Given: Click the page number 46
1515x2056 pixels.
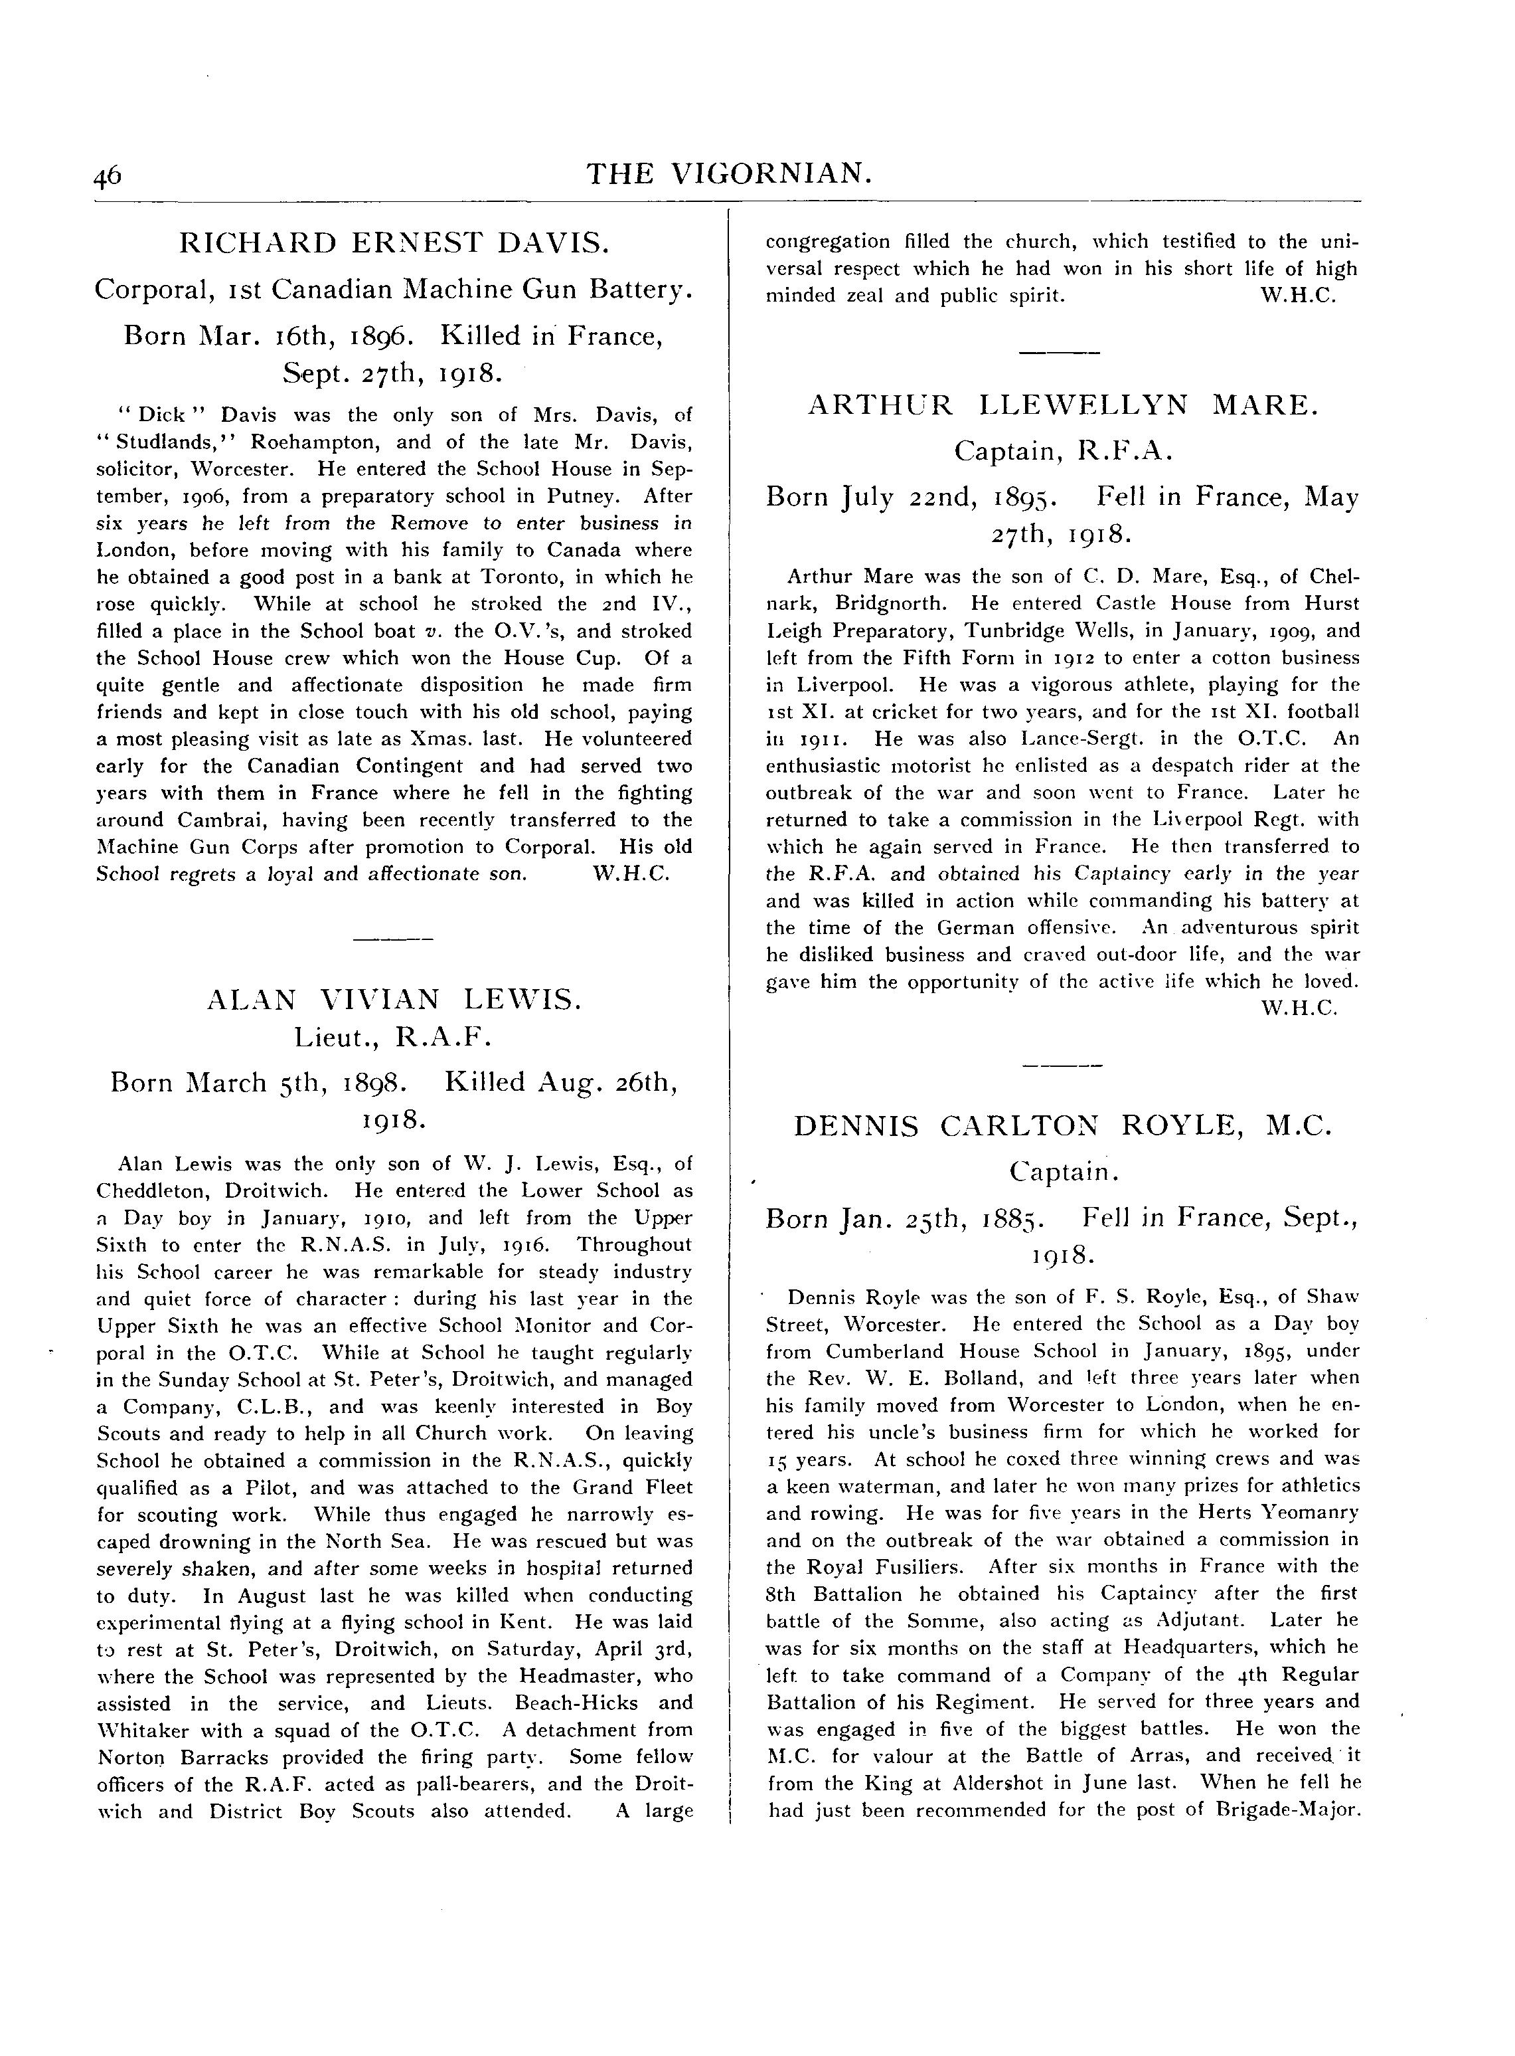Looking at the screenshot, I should pyautogui.click(x=108, y=175).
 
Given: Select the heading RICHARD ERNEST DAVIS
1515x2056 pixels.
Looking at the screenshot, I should pyautogui.click(x=394, y=243).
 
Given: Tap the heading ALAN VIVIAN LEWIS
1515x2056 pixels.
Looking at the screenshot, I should pyautogui.click(x=394, y=999).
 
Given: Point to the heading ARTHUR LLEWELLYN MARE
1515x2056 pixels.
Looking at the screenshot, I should pyautogui.click(x=1062, y=405).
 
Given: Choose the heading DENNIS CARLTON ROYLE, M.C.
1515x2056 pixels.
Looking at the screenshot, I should pyautogui.click(x=1062, y=1126).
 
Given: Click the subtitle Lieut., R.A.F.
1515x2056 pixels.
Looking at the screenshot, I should pyautogui.click(x=394, y=1038).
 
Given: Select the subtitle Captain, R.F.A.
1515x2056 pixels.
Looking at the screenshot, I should pyautogui.click(x=1062, y=451).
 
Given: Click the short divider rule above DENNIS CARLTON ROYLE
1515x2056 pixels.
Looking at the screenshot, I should pyautogui.click(x=1062, y=1065).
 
